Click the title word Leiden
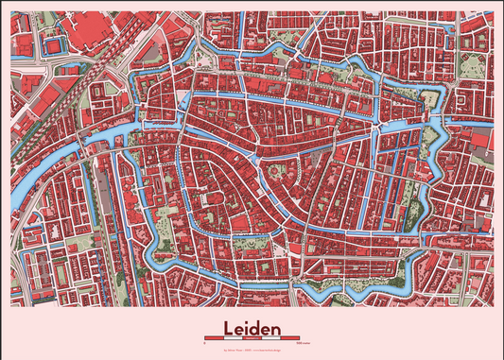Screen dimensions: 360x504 [252, 328]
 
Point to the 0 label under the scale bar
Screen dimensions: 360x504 [204, 342]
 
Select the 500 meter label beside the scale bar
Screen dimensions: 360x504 [299, 342]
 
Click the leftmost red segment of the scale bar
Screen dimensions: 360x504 [213, 337]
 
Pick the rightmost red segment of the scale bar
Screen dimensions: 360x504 [288, 337]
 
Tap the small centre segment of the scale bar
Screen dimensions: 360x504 [252, 337]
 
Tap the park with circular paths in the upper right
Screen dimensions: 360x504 [473, 66]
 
